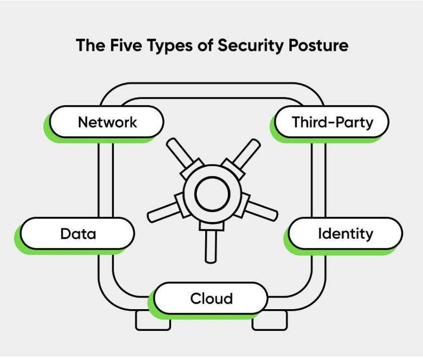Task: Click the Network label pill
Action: [x=107, y=122]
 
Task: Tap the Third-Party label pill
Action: [x=332, y=122]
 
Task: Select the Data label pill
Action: [x=78, y=234]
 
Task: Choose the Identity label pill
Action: [x=345, y=234]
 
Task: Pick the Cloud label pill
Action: [x=211, y=298]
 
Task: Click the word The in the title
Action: [x=91, y=45]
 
